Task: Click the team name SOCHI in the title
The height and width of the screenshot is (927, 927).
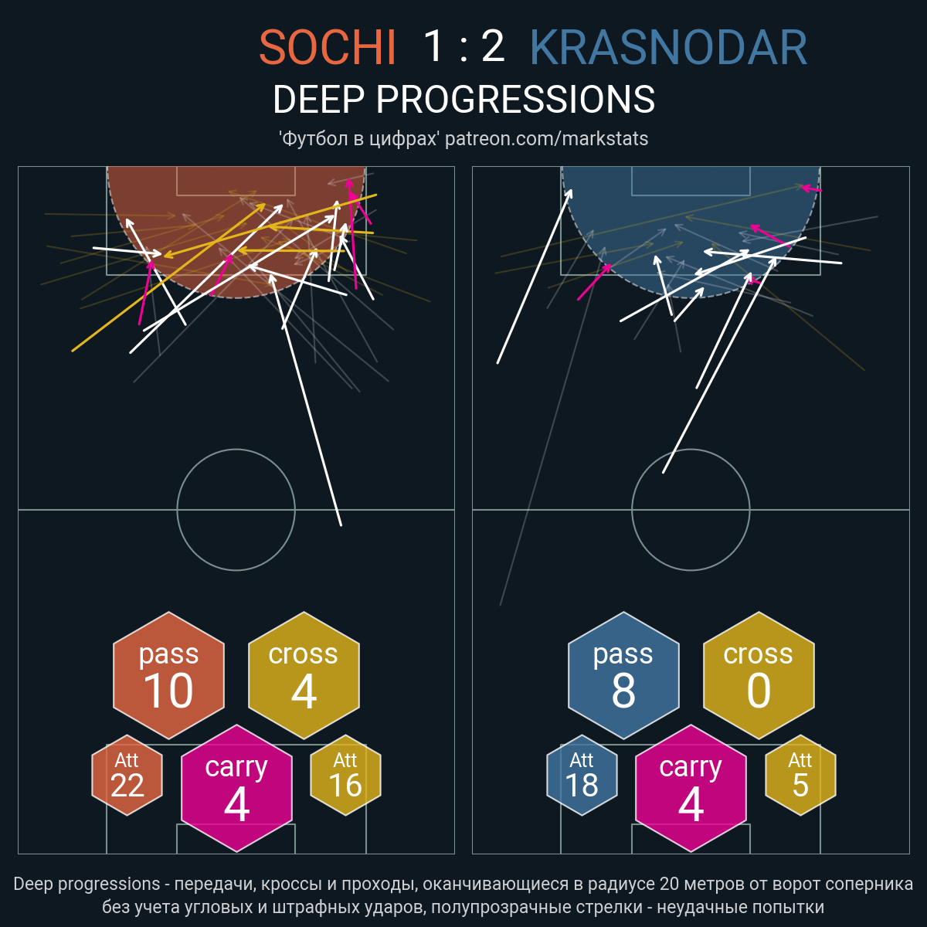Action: (327, 47)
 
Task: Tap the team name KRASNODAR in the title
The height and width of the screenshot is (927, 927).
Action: (669, 47)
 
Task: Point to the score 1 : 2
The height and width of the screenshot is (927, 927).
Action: (463, 46)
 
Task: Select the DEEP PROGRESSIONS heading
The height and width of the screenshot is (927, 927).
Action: (463, 100)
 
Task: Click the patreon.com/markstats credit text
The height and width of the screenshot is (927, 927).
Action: (546, 138)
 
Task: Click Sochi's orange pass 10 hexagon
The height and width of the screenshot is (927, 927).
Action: (169, 675)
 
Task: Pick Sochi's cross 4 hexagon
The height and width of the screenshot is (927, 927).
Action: (304, 675)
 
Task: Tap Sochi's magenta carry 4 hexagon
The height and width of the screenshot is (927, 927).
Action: (236, 788)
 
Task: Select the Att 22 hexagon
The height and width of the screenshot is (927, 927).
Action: (127, 775)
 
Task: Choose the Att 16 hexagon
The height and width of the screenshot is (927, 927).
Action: (345, 775)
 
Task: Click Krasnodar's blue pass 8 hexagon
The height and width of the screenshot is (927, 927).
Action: (623, 675)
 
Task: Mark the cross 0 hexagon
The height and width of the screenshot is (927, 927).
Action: (759, 675)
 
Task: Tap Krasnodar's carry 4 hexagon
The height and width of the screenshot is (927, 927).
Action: (691, 788)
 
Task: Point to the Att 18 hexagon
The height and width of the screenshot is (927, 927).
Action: (582, 775)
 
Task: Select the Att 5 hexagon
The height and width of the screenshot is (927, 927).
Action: (800, 775)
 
